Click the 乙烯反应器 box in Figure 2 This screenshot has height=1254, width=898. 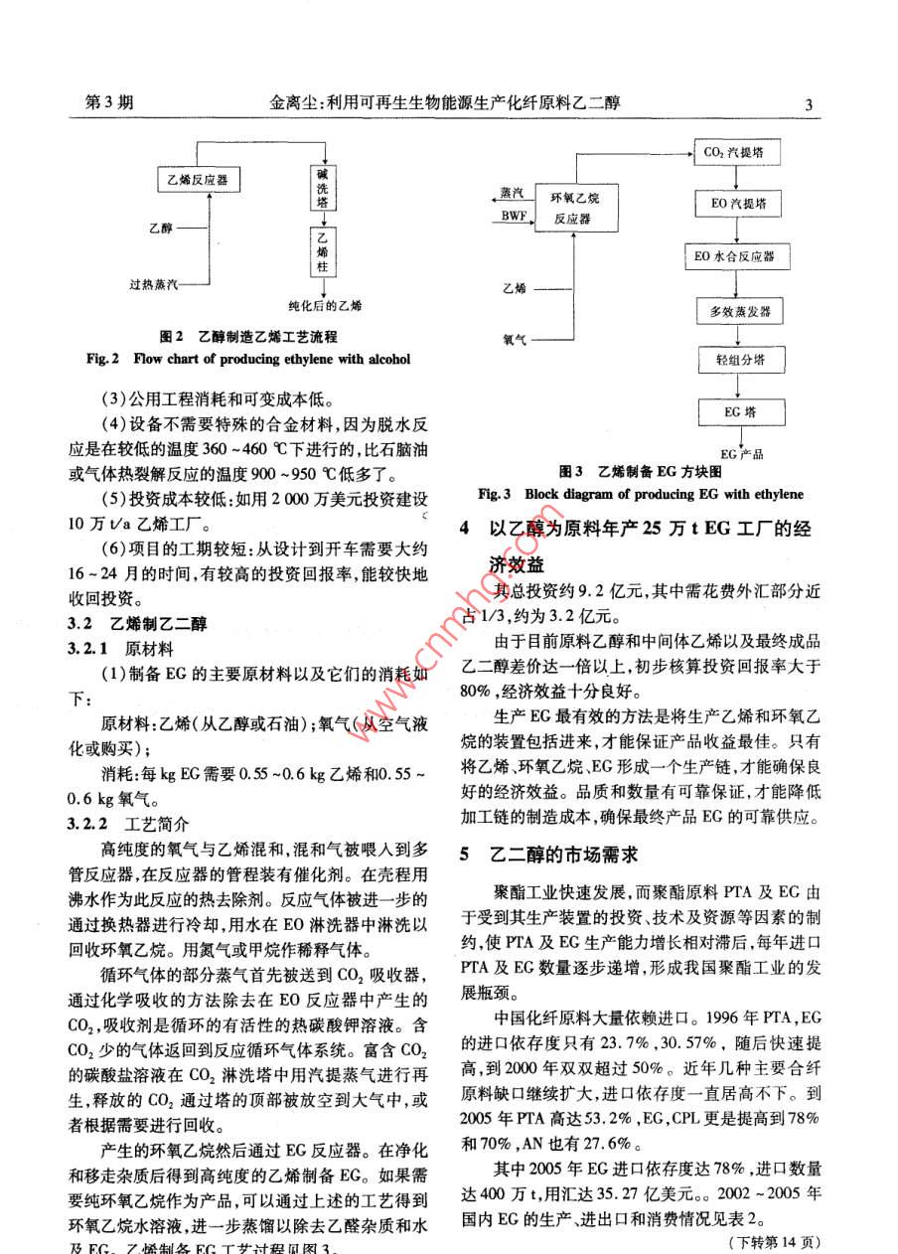point(202,180)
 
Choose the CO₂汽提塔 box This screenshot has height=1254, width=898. point(735,153)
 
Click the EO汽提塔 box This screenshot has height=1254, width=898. point(735,204)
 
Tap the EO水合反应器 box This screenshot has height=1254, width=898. point(735,256)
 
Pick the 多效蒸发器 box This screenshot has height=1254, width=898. point(735,311)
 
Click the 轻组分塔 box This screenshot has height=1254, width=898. point(735,359)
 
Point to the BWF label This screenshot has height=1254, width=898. point(515,216)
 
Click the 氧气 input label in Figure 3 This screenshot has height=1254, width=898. point(514,340)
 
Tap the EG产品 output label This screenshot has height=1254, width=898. point(741,453)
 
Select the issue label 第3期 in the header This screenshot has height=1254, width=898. point(110,103)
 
